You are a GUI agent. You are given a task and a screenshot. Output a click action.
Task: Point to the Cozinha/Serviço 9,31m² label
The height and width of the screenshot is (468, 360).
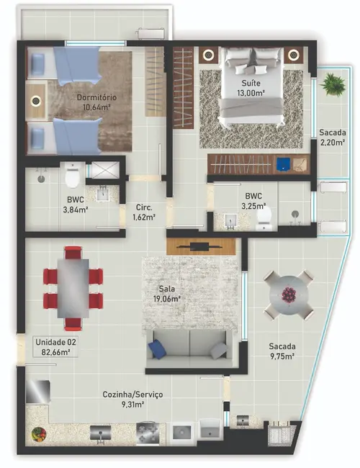[x=132, y=400]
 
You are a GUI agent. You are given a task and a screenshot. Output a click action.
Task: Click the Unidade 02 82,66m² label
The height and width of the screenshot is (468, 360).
[x=56, y=348]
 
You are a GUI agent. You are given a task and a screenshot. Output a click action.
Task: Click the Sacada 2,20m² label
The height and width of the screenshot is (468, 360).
[x=332, y=138]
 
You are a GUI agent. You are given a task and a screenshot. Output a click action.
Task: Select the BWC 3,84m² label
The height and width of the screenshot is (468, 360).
[x=75, y=205]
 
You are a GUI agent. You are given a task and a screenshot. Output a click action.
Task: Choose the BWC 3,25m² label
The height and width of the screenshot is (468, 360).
[x=253, y=200]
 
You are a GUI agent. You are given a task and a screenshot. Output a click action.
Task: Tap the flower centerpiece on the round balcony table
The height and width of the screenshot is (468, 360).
[x=288, y=294]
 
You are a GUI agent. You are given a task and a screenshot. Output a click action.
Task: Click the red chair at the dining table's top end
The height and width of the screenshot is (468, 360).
[x=73, y=253]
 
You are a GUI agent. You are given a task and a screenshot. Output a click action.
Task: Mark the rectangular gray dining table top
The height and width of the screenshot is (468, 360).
[x=73, y=287]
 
